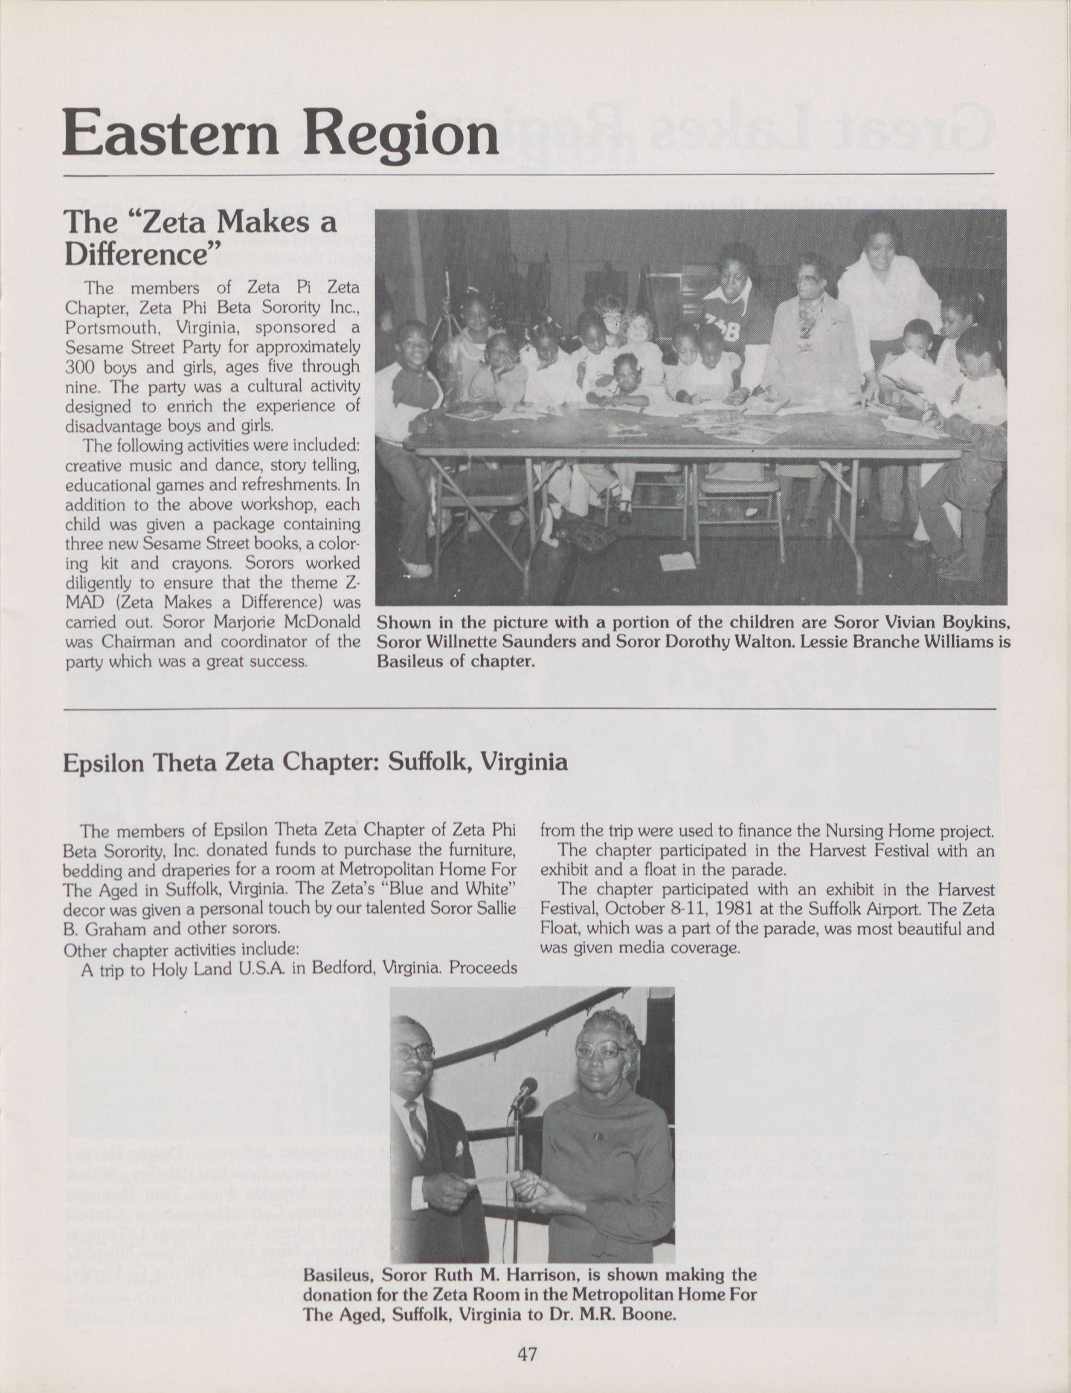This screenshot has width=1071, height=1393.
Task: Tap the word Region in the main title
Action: point(400,134)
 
